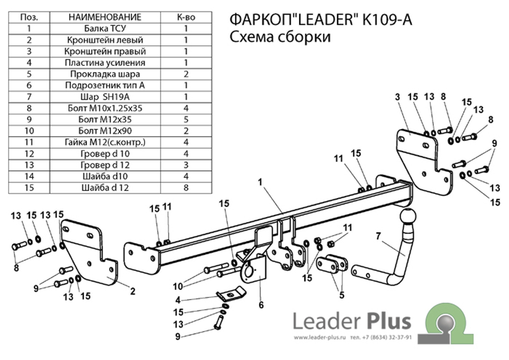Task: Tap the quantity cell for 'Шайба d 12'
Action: [186, 188]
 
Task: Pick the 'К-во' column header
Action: [186, 17]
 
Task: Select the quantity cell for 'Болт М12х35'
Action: [186, 120]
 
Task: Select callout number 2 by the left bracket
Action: [132, 291]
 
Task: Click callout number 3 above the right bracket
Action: [397, 97]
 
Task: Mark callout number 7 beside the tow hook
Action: [378, 235]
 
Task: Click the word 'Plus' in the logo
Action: [387, 321]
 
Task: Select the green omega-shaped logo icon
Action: [447, 324]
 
